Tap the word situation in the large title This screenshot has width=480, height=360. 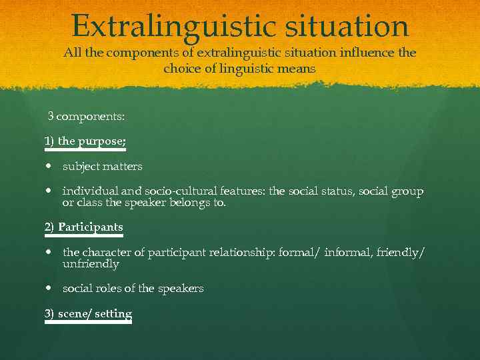(x=347, y=26)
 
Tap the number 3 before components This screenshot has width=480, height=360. (x=50, y=117)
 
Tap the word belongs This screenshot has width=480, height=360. (x=189, y=203)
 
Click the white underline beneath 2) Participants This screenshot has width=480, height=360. (x=84, y=236)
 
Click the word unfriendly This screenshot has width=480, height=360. (x=91, y=264)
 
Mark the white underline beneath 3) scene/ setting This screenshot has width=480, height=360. (x=88, y=323)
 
